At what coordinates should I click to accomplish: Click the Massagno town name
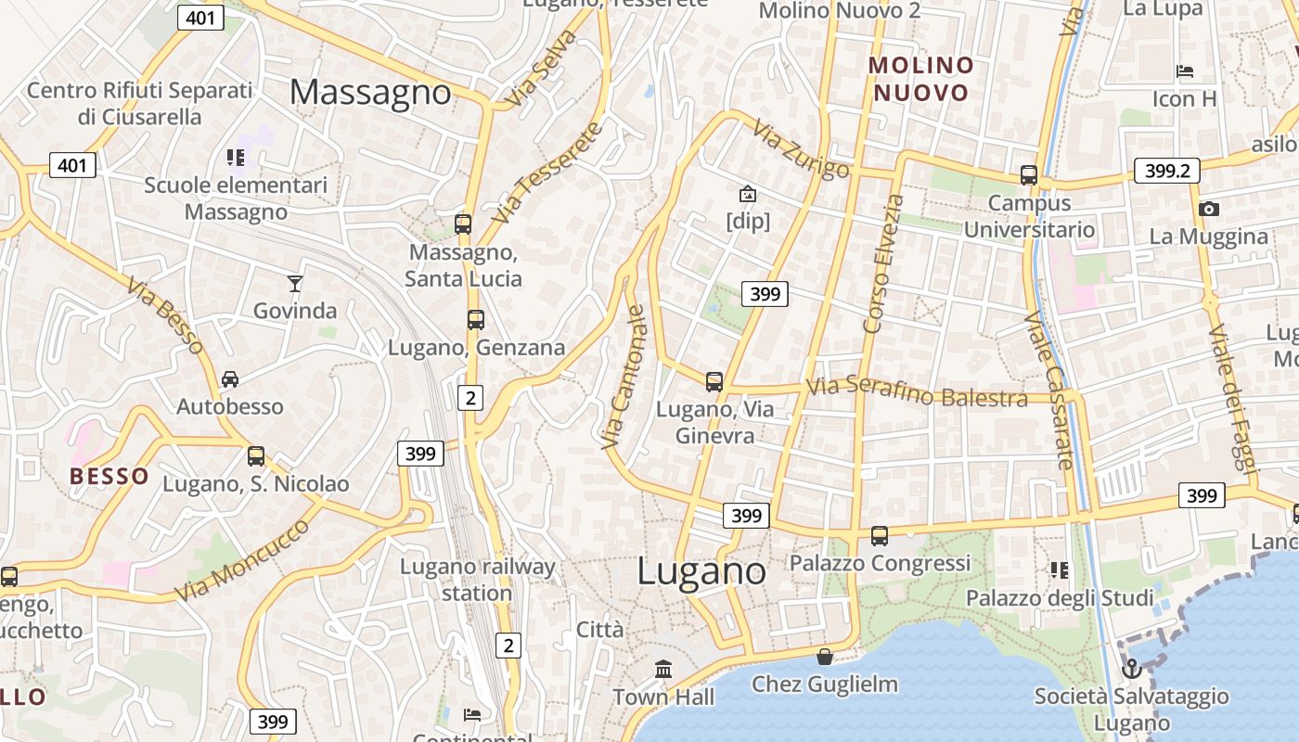pos(370,92)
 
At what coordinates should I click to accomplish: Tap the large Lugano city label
pos(701,570)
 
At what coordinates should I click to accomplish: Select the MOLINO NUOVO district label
pos(921,79)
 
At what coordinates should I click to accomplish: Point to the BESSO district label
pos(109,477)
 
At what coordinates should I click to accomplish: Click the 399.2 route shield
pos(1166,171)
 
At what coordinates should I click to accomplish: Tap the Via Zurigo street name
pos(801,149)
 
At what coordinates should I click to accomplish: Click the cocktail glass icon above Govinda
pos(295,283)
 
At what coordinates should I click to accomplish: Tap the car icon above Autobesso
pos(230,379)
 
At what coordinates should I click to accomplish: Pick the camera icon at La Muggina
pos(1208,210)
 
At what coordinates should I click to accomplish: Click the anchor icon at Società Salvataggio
pos(1131,668)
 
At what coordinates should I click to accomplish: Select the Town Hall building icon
pos(663,669)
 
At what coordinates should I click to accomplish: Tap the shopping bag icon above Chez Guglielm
pos(824,658)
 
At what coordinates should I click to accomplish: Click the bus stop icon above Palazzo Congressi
pos(879,535)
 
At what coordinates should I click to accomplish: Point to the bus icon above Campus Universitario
pos(1029,174)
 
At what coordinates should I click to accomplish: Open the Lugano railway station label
pos(477,580)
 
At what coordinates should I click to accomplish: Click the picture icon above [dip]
pos(747,194)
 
